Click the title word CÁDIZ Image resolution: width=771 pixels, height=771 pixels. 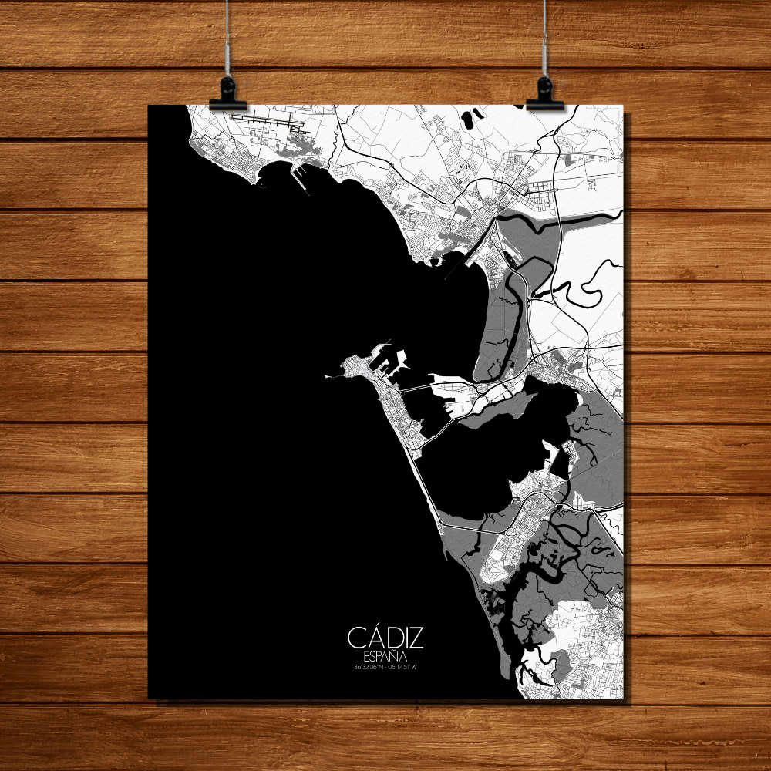(385, 638)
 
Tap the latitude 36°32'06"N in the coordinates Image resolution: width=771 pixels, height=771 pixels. (368, 667)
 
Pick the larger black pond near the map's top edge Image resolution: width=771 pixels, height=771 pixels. (467, 120)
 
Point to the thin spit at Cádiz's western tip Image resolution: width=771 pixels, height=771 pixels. (334, 375)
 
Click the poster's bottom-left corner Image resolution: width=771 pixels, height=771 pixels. (150, 698)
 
